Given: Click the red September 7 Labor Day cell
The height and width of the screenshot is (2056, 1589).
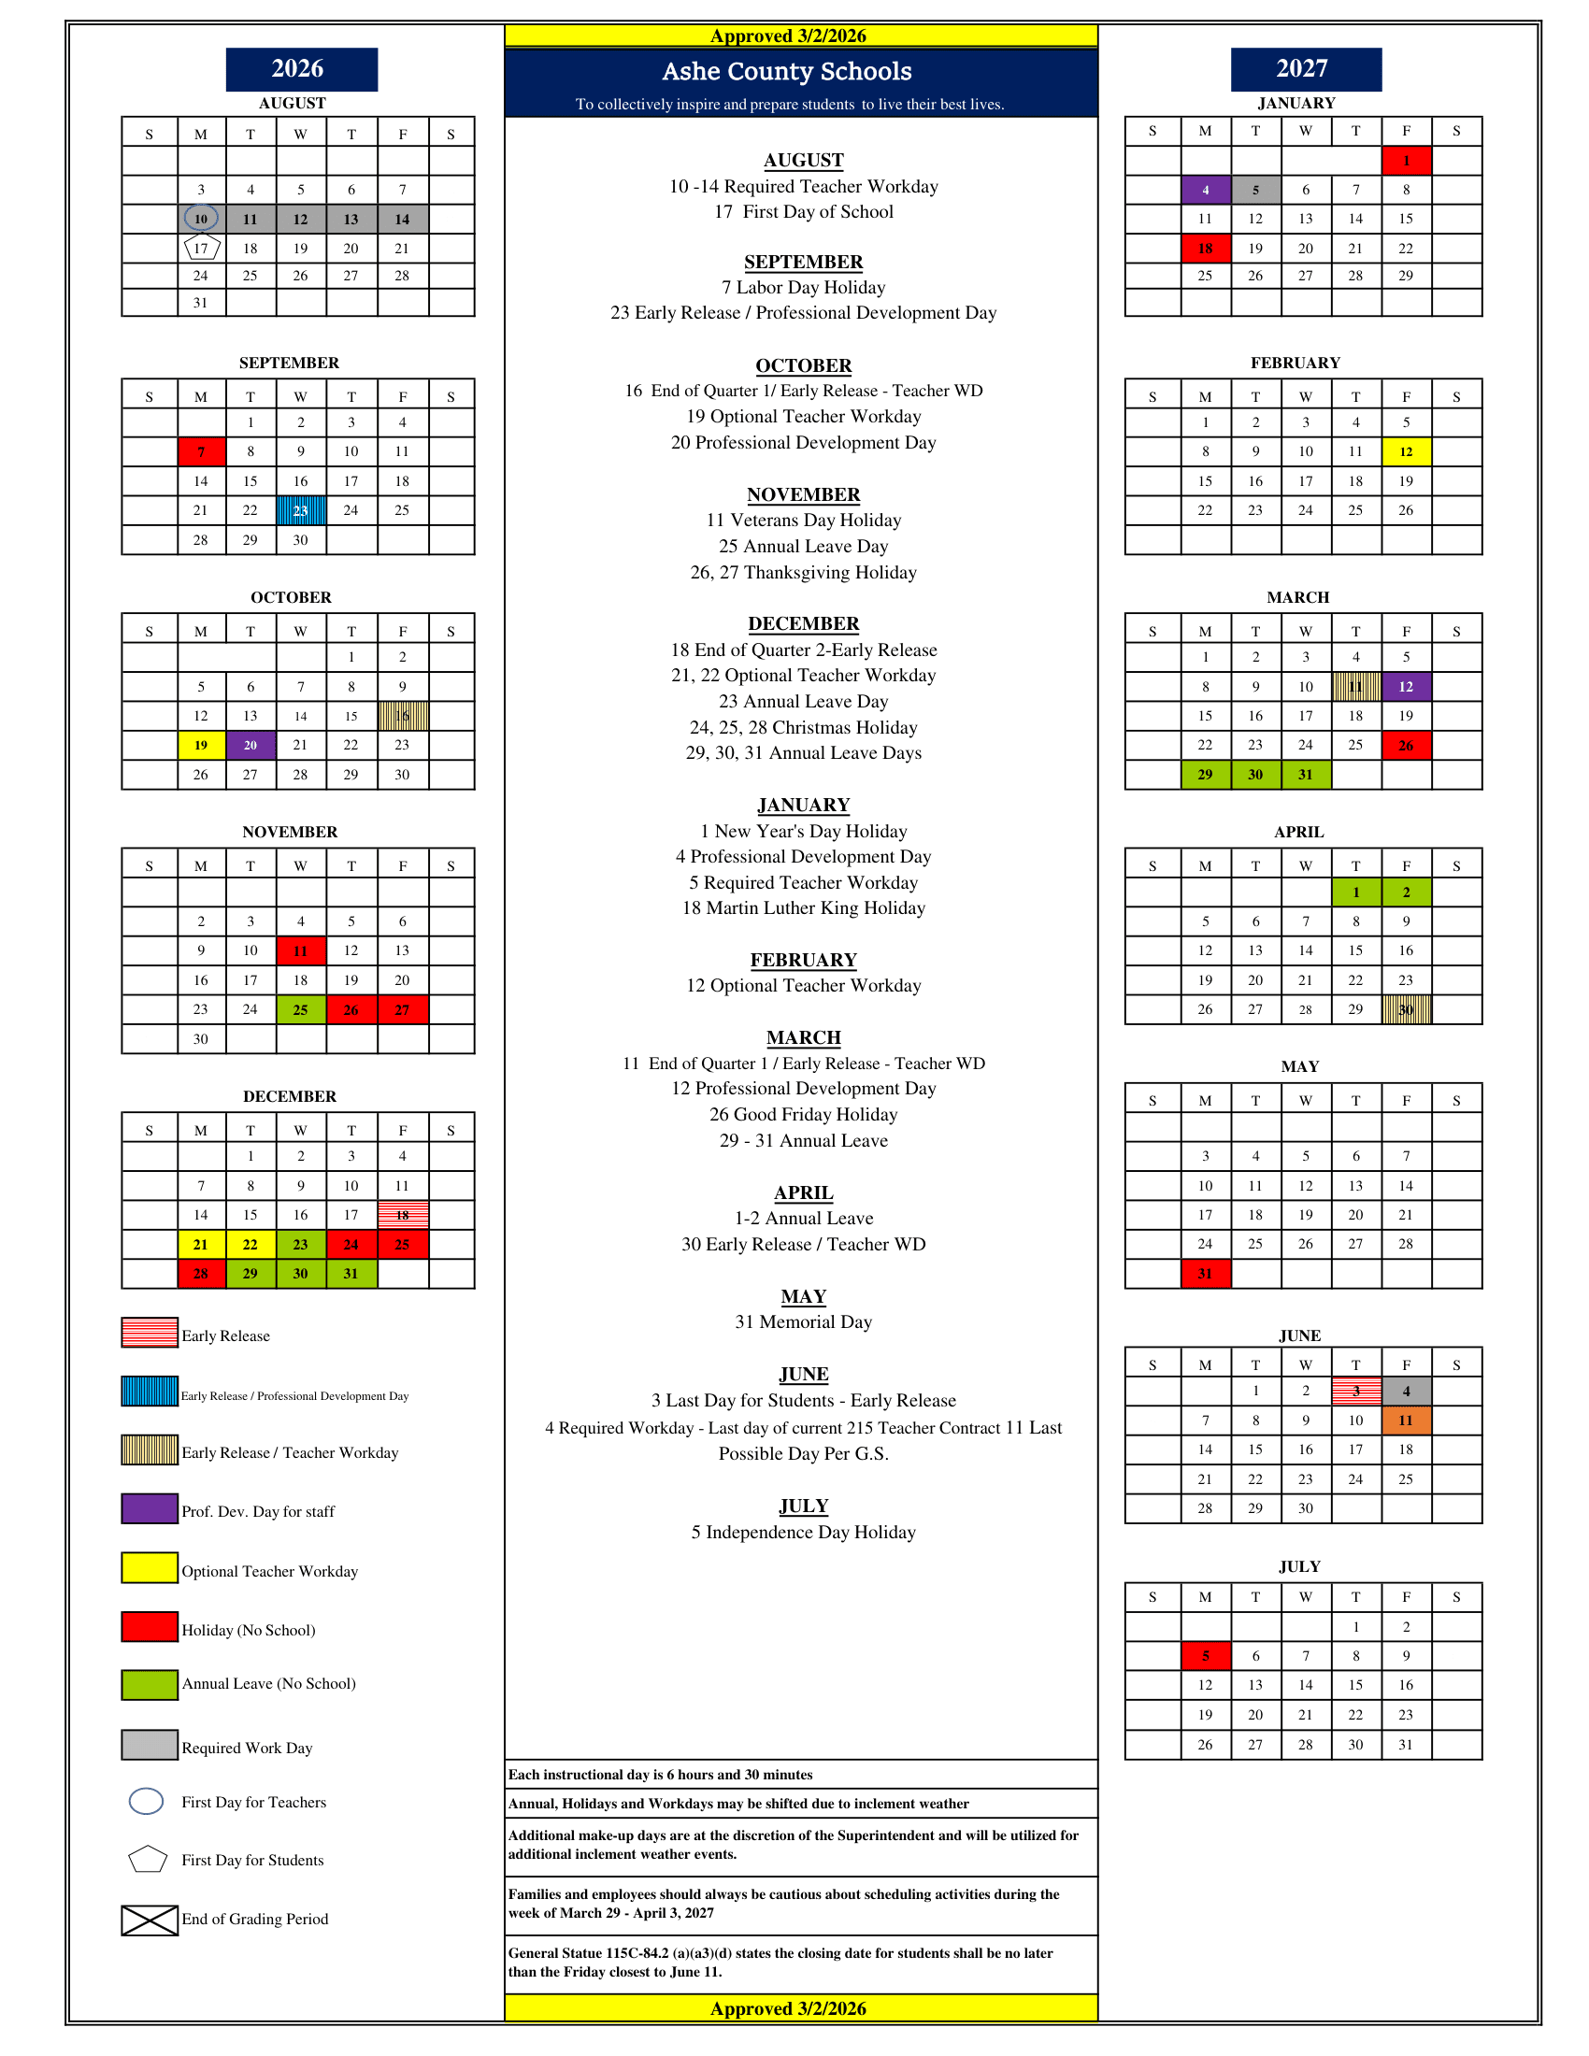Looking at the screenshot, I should click(202, 452).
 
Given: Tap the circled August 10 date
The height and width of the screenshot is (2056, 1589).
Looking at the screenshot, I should click(201, 220).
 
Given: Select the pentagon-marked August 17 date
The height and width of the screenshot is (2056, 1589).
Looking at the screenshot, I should click(202, 249).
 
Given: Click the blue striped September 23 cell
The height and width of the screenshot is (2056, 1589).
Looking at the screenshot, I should click(301, 510).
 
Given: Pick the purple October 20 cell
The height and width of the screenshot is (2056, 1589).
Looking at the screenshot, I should click(251, 746).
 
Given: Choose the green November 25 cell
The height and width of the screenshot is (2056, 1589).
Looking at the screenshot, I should click(301, 1010).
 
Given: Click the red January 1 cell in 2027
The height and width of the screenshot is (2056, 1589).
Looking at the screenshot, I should click(1407, 161).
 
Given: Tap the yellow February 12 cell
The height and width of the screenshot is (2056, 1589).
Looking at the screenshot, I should click(1407, 452).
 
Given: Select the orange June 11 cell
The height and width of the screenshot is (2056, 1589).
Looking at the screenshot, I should click(1407, 1421).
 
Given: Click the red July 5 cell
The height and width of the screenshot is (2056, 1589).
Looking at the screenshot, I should click(1206, 1656).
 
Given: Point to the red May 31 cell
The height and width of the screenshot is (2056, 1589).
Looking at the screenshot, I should click(1206, 1274).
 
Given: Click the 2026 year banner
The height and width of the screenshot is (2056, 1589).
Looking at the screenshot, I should click(301, 69).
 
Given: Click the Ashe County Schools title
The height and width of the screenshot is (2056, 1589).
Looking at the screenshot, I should click(787, 72).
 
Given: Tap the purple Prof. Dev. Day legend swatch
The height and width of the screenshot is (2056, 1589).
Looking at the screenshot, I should click(150, 1509).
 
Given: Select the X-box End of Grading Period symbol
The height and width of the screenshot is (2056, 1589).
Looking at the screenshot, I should click(150, 1920).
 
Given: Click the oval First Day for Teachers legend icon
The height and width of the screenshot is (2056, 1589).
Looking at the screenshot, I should click(146, 1801).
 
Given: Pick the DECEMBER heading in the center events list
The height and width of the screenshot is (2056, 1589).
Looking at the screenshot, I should click(803, 624).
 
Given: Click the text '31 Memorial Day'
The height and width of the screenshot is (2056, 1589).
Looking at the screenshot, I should click(803, 1321).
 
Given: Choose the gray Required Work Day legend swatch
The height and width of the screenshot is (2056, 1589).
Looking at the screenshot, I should click(150, 1746).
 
